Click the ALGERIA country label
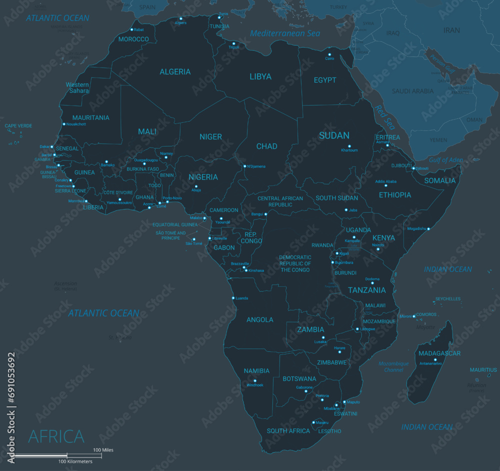tap(175, 72)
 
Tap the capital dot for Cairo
tap(329, 54)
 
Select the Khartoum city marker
tap(349, 146)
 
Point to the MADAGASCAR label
tap(439, 353)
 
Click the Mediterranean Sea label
tap(285, 33)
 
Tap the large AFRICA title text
tap(56, 436)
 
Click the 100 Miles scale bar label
tap(103, 450)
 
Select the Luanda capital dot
tap(233, 298)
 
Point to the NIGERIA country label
tap(203, 177)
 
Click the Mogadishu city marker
tap(428, 228)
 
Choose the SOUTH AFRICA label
tap(288, 431)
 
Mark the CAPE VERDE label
tap(18, 126)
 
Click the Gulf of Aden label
tap(445, 160)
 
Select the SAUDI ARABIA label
tap(412, 91)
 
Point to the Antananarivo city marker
tap(435, 359)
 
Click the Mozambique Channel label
tap(393, 367)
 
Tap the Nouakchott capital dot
tap(64, 124)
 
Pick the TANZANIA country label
tap(367, 290)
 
